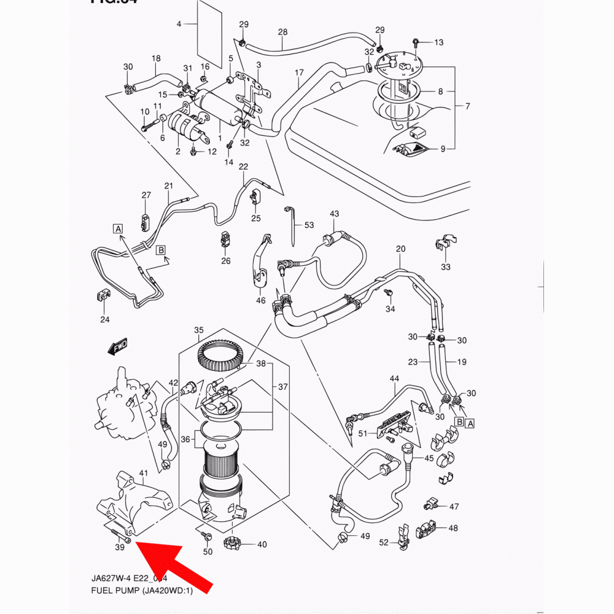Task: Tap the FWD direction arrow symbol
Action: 117,347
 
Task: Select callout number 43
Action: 334,214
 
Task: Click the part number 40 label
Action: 262,544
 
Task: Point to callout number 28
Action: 282,31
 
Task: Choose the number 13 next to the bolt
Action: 438,42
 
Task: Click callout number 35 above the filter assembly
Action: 198,330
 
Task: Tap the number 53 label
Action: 309,225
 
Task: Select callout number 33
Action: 446,266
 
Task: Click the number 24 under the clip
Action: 105,319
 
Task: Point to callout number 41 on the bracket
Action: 144,473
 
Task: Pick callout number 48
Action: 453,528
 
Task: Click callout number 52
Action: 384,542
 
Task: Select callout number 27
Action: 146,195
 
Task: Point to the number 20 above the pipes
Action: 401,249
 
